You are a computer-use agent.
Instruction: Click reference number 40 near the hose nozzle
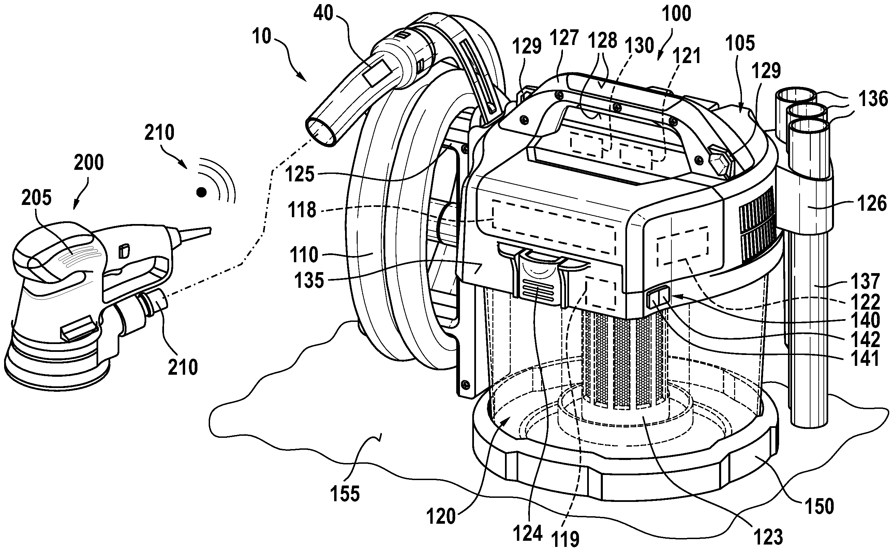pos(323,14)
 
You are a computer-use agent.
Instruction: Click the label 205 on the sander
pos(36,198)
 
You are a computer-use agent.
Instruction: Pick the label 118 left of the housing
pos(301,210)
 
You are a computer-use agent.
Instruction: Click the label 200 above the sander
pos(89,163)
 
